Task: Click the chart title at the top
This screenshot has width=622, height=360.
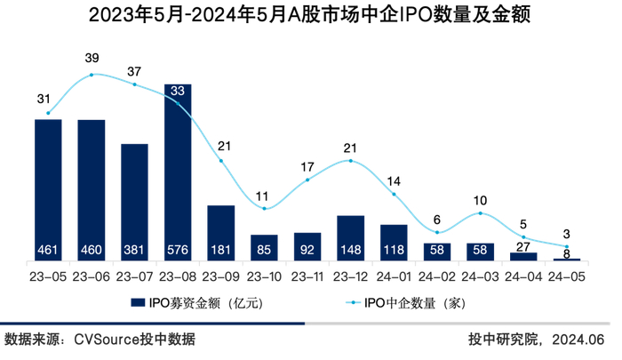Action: [x=310, y=16]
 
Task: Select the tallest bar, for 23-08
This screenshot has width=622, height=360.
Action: [x=178, y=169]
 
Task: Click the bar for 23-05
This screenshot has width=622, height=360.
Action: [x=48, y=187]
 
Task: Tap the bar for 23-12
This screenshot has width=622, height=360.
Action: [x=350, y=236]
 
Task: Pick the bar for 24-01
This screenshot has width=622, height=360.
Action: [x=394, y=241]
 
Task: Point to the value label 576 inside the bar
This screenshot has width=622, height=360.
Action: [x=178, y=250]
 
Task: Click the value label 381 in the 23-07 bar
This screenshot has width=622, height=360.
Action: [x=134, y=250]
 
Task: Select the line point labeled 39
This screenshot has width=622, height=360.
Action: [x=92, y=75]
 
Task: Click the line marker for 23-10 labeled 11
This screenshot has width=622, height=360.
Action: [x=264, y=208]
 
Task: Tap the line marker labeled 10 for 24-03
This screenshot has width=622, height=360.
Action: [x=481, y=213]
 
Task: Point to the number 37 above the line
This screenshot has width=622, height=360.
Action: [x=134, y=71]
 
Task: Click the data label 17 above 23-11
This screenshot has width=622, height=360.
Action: [x=307, y=166]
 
